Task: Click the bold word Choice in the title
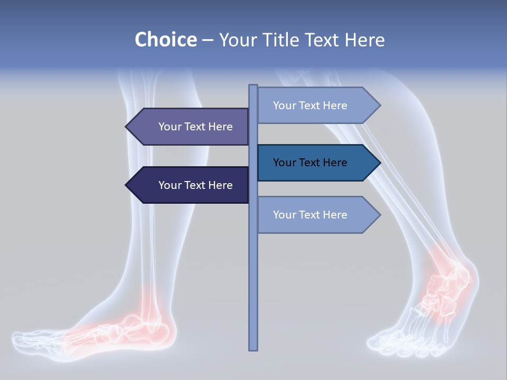165,40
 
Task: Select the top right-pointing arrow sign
317,106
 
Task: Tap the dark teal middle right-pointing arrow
317,163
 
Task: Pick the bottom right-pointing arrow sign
317,215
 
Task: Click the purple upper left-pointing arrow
190,127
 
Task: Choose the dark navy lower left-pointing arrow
190,185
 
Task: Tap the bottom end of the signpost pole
253,348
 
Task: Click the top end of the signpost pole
253,86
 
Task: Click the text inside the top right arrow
310,106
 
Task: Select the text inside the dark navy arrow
195,185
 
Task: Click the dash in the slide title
208,41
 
